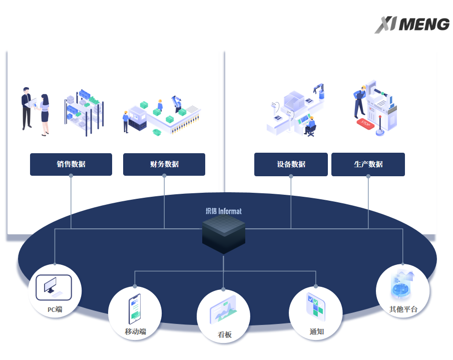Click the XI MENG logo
point(412,25)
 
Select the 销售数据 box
point(71,164)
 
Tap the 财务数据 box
point(164,164)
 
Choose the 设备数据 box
point(291,164)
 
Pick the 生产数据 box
point(368,164)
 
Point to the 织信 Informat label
point(223,211)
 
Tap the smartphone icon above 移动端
point(134,307)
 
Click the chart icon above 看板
point(223,310)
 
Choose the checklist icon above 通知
point(316,306)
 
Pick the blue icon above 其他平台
point(402,284)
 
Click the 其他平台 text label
point(403,309)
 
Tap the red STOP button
point(365,123)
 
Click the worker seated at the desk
point(310,125)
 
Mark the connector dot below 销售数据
point(71,176)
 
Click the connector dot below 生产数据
point(368,176)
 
